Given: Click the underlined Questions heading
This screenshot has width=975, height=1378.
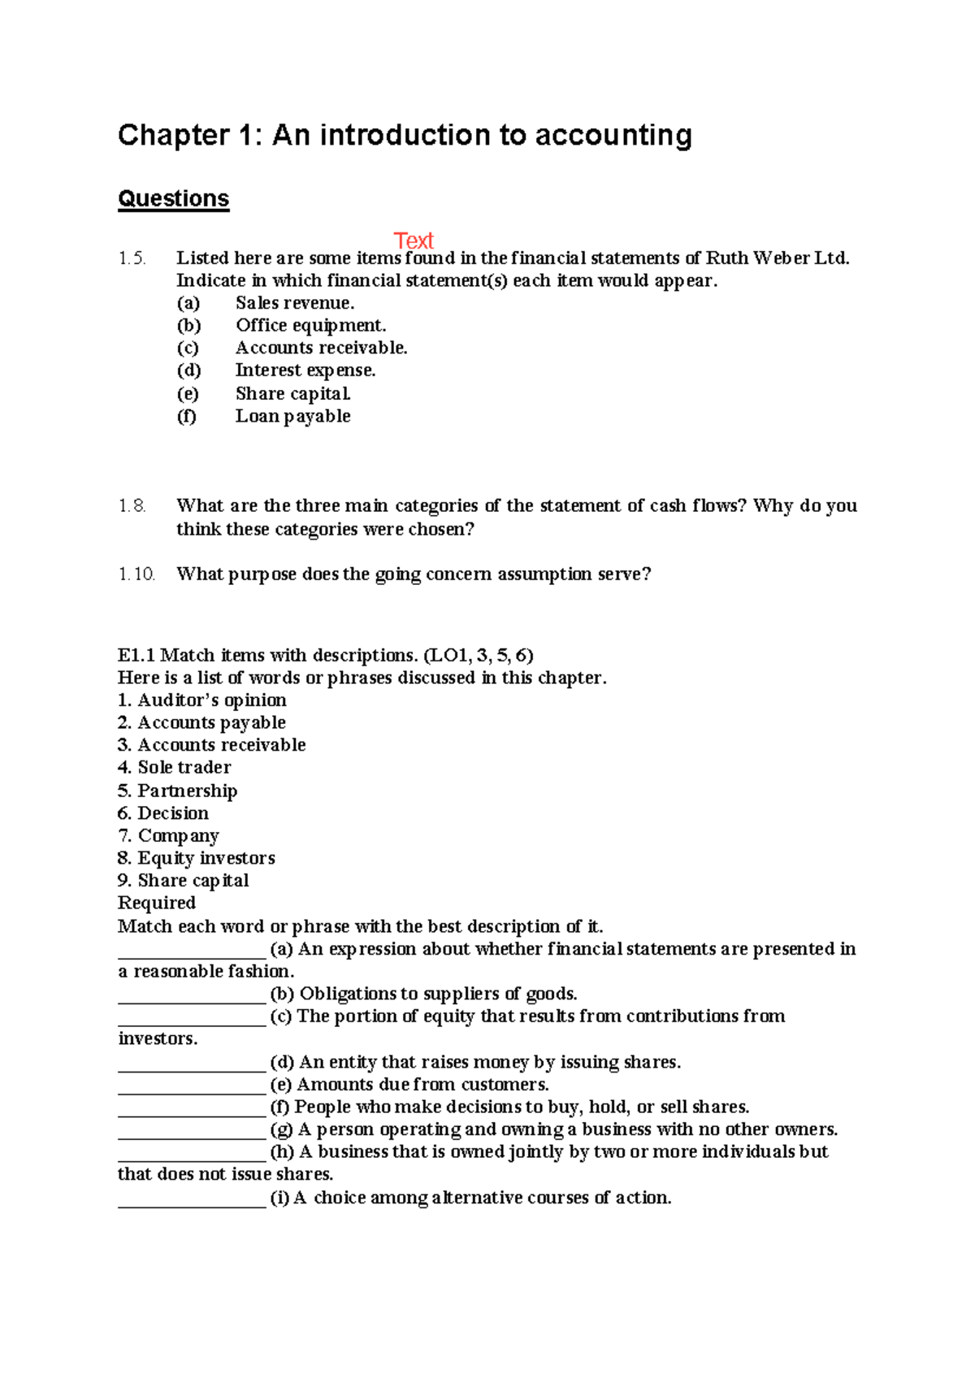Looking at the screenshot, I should pos(173,199).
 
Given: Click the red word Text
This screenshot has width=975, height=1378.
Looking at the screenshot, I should pos(414,240).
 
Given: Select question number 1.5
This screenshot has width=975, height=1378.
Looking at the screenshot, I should pos(132,258).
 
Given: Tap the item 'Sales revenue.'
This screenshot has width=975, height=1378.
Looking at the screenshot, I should pos(295,303).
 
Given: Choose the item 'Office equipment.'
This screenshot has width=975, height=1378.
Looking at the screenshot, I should pos(310,326).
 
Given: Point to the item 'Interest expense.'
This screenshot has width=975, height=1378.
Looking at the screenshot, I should pos(305,370).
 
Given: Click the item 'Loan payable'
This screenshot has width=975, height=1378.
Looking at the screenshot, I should pos(292,416).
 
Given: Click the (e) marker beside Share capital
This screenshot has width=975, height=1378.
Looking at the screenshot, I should pos(188,394).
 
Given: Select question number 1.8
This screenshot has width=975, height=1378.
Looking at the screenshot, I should pos(132,506).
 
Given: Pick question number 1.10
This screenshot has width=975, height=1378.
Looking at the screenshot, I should pos(136,574).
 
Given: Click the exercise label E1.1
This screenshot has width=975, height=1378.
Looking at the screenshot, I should pos(136,656).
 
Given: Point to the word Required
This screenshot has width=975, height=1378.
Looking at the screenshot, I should pos(157,903).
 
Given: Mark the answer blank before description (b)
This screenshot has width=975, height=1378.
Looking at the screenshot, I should pos(192,996).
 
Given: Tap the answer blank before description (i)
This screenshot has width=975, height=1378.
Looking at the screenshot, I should pos(192,1200).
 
